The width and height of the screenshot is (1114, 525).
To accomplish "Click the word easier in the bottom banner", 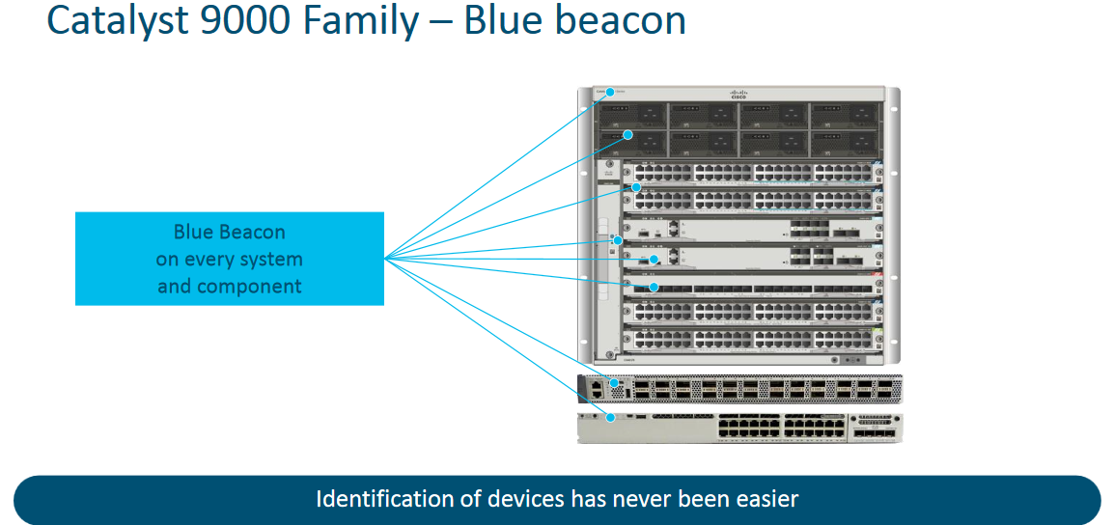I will point(768,499).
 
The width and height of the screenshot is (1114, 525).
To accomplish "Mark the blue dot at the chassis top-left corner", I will point(610,93).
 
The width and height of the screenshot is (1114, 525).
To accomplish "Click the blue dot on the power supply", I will point(627,135).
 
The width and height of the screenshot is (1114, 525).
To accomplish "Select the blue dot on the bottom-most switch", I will point(612,417).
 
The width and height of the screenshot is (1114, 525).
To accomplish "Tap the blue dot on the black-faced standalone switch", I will point(608,382).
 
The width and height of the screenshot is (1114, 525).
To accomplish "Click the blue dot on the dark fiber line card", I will point(654,287).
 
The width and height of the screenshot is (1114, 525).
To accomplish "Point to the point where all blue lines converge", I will point(385,259).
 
